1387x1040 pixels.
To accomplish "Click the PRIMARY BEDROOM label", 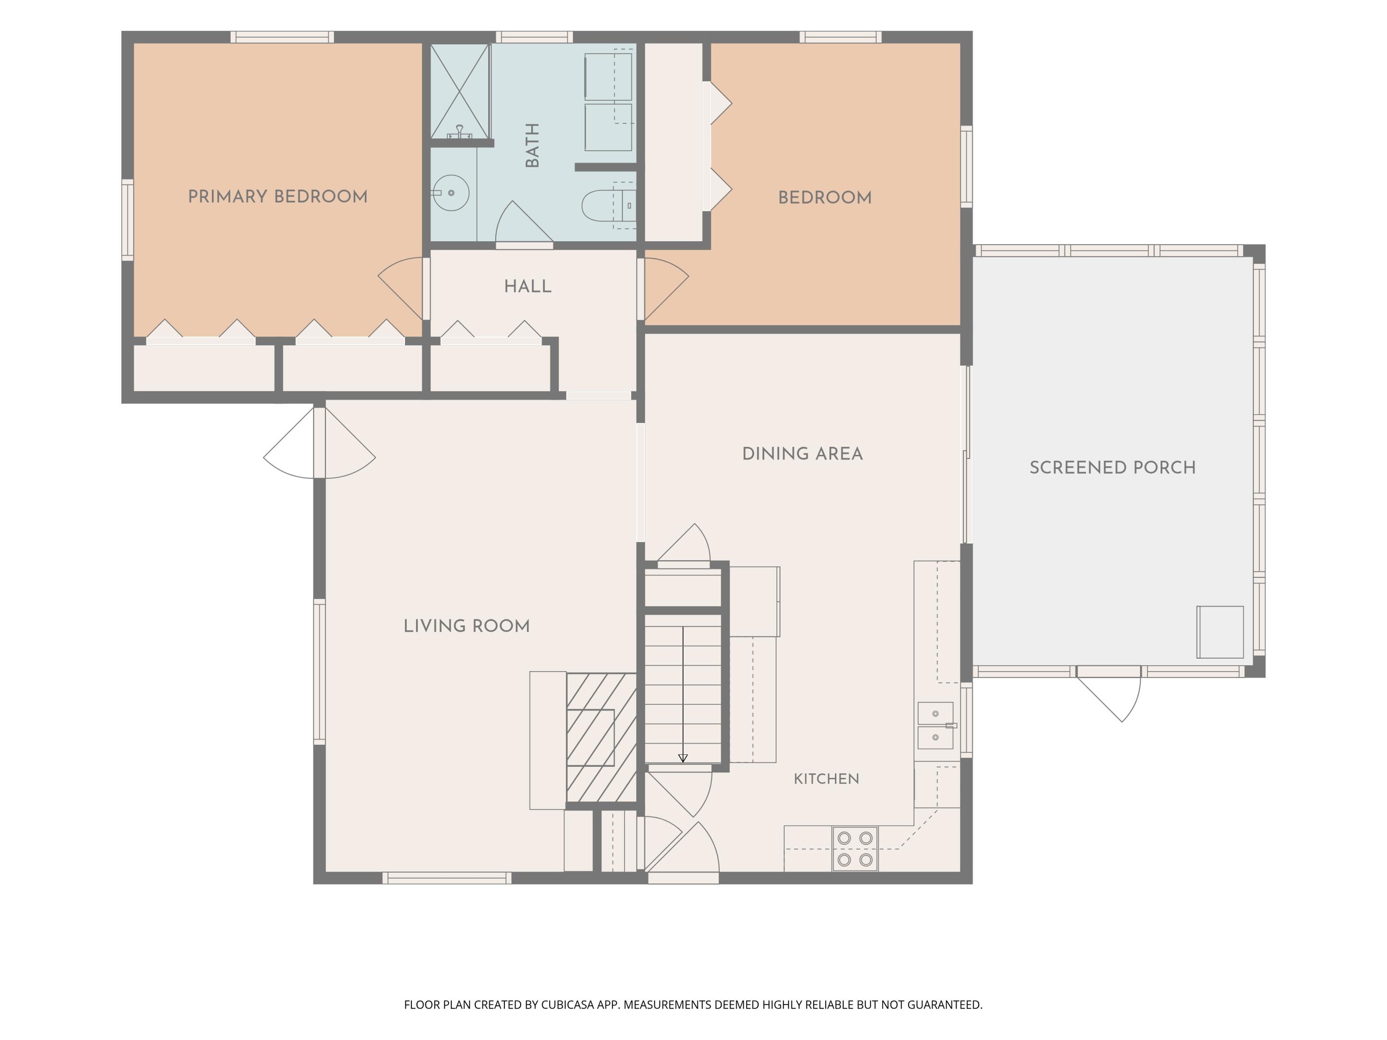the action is click(278, 197).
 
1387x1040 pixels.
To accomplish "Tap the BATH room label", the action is click(532, 146).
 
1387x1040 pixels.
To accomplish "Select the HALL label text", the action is click(528, 287).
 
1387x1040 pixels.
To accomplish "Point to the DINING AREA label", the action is click(802, 454).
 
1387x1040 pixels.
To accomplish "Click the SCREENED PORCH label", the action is click(1112, 468).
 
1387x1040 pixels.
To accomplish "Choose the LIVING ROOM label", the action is click(466, 626).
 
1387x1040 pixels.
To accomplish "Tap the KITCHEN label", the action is click(827, 778).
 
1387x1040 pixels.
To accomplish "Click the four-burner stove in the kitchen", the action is click(855, 849).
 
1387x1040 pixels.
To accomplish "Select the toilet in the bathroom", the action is click(608, 204).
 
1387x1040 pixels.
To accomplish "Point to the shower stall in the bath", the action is click(460, 92).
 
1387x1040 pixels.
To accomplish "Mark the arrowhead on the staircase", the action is click(683, 758).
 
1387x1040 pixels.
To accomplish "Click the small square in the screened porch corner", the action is click(1220, 632).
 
